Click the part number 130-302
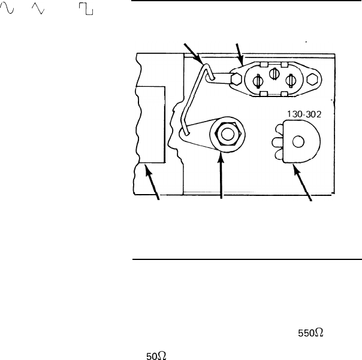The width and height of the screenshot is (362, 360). [304, 114]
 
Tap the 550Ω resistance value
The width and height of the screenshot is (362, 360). [310, 333]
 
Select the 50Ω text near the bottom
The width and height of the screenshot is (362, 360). [156, 356]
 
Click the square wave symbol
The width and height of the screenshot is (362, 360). [86, 9]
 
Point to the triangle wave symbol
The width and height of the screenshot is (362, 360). [38, 8]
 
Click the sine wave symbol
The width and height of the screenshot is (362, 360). [7, 8]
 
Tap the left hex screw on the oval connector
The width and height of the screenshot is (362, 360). [236, 78]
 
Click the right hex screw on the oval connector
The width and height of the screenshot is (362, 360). [312, 79]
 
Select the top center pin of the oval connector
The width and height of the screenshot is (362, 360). [274, 74]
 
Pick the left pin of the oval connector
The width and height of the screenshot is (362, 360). [258, 81]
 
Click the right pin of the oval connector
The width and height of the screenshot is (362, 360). [291, 80]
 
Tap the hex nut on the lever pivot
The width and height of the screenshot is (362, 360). [228, 134]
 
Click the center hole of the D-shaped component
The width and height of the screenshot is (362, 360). [298, 141]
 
